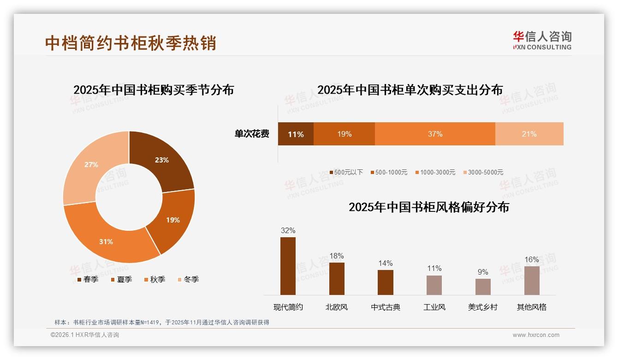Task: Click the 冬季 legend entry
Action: click(x=188, y=279)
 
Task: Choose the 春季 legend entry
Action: click(x=87, y=279)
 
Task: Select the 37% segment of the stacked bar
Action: click(x=435, y=134)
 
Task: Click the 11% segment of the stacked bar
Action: click(x=296, y=134)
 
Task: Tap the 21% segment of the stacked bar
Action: click(x=529, y=134)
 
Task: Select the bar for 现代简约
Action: click(x=288, y=266)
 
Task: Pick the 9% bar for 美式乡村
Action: click(x=483, y=287)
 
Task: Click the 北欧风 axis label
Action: click(x=337, y=307)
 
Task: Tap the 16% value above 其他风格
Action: click(x=532, y=260)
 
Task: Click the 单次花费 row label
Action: click(x=252, y=134)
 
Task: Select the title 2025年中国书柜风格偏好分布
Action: click(x=429, y=207)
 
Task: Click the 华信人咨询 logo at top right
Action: click(x=542, y=40)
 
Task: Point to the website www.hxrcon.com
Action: click(x=536, y=335)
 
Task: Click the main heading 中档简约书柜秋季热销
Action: click(x=131, y=43)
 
